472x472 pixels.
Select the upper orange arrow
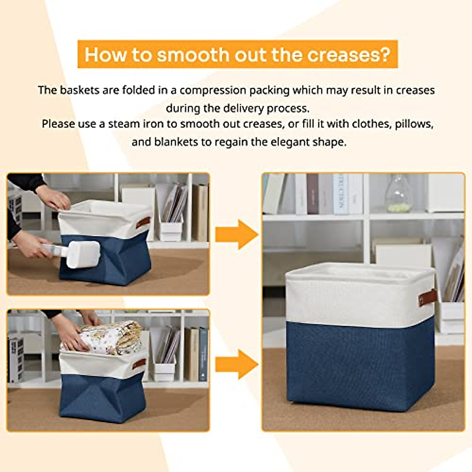pos(236,234)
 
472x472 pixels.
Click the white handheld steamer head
pos(83,254)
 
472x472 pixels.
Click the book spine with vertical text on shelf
pos(341,194)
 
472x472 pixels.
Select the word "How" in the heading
pos(100,54)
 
